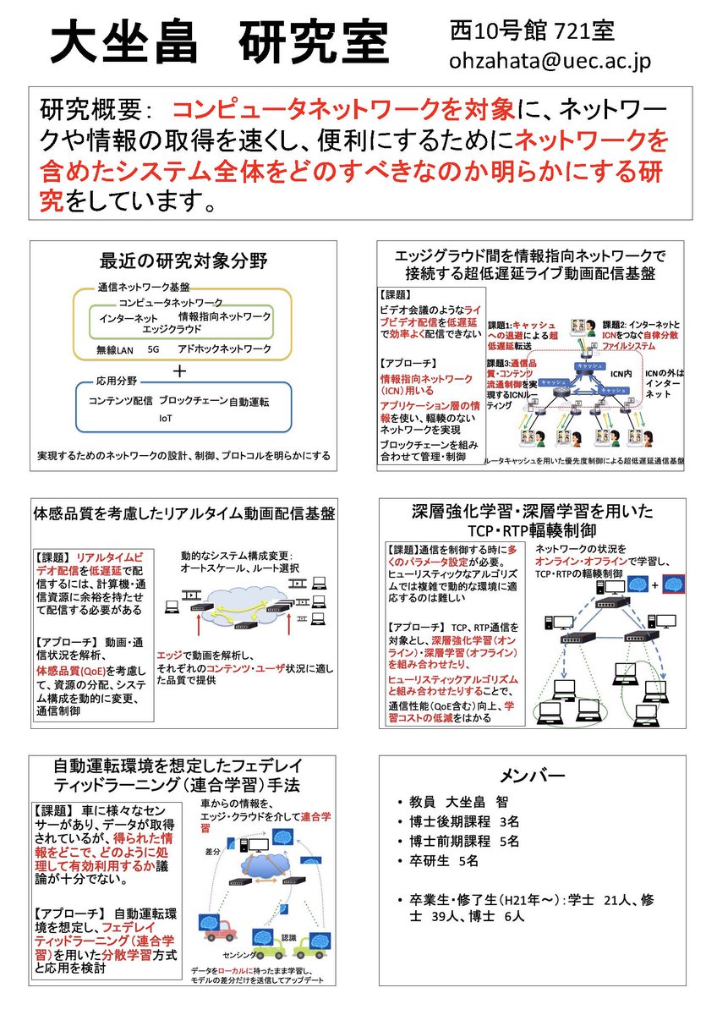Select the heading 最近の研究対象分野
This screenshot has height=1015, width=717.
point(183,261)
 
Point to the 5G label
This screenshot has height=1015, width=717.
point(153,348)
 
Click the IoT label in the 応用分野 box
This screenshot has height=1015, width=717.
point(166,418)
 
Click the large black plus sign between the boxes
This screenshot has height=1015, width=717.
point(179,370)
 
